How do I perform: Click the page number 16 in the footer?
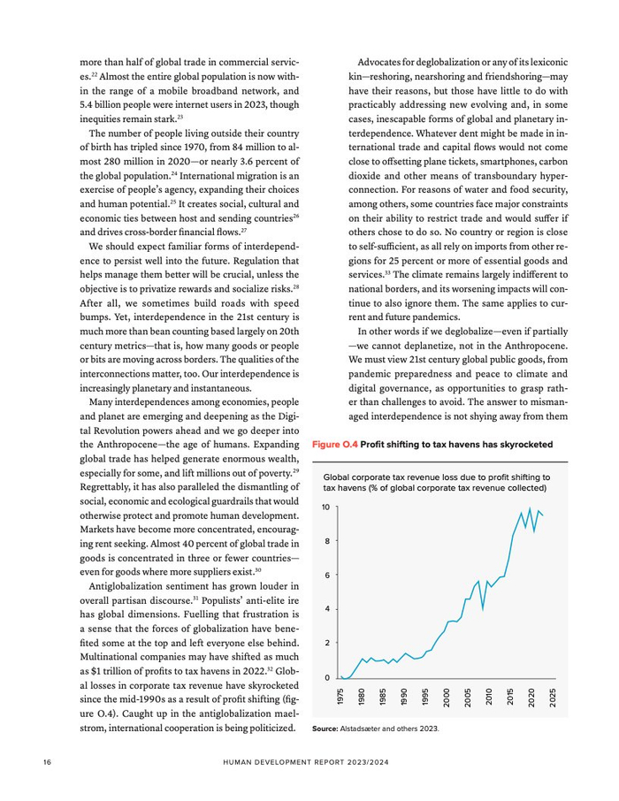pyautogui.click(x=48, y=761)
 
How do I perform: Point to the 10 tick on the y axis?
pyautogui.click(x=325, y=507)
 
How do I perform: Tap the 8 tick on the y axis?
pyautogui.click(x=327, y=541)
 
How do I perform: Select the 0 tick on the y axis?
pyautogui.click(x=327, y=678)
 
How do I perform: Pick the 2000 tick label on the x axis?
pyautogui.click(x=447, y=697)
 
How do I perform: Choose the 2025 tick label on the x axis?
pyautogui.click(x=553, y=697)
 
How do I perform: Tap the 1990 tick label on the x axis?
pyautogui.click(x=405, y=697)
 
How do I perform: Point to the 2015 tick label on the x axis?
pyautogui.click(x=510, y=697)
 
